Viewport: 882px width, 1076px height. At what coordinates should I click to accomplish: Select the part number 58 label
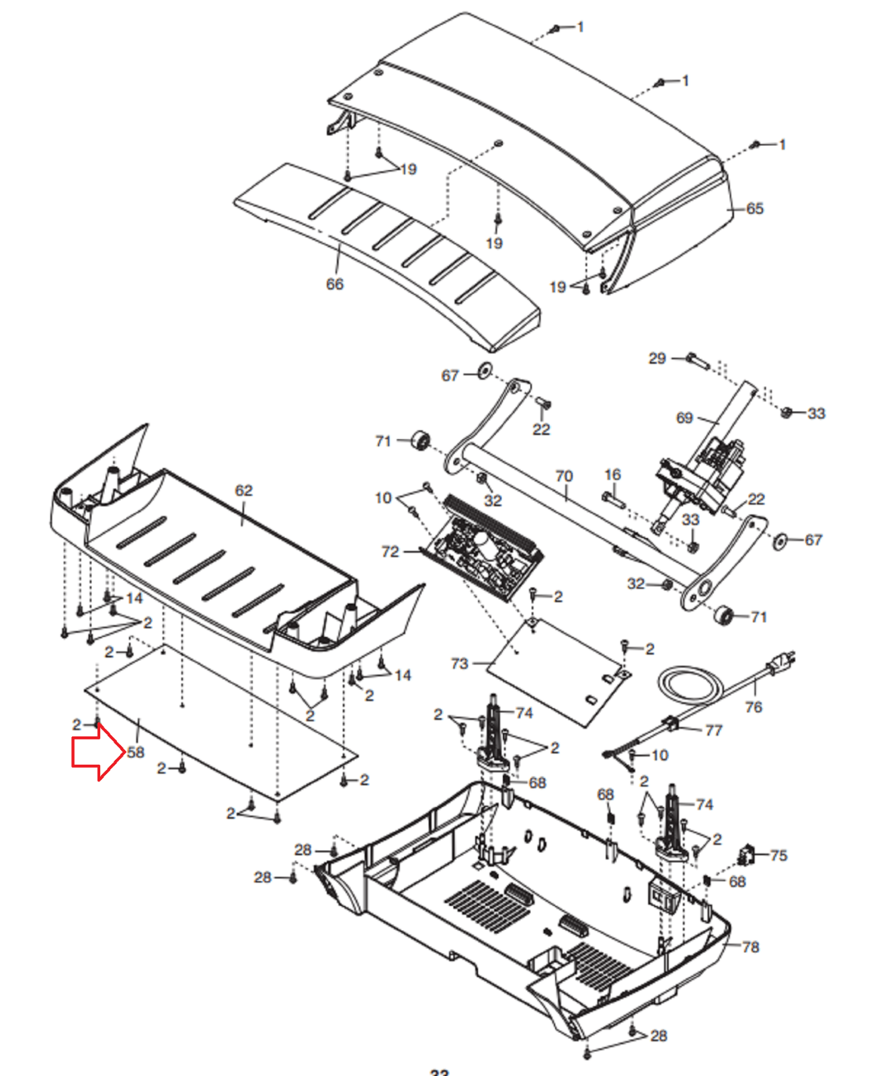pyautogui.click(x=136, y=752)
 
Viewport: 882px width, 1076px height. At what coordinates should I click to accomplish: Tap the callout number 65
pyautogui.click(x=754, y=208)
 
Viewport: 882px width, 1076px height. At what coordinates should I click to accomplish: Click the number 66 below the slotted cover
pyautogui.click(x=335, y=284)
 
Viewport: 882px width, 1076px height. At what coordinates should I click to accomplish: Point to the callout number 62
pyautogui.click(x=244, y=490)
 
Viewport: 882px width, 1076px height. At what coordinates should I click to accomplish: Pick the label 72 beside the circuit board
pyautogui.click(x=390, y=551)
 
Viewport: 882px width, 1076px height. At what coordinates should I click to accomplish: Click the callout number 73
pyautogui.click(x=459, y=663)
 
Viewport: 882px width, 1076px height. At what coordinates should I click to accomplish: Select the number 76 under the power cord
pyautogui.click(x=754, y=707)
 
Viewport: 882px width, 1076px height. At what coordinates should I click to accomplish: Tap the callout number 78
pyautogui.click(x=750, y=947)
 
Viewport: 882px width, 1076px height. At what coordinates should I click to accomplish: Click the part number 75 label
pyautogui.click(x=778, y=855)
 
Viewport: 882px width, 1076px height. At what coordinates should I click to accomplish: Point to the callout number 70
pyautogui.click(x=564, y=476)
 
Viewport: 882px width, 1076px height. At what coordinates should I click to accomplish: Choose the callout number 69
pyautogui.click(x=684, y=418)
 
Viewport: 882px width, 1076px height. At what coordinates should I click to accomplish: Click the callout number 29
pyautogui.click(x=657, y=358)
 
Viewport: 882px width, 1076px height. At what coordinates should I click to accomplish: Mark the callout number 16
pyautogui.click(x=612, y=475)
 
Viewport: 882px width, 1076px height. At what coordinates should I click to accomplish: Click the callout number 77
pyautogui.click(x=714, y=730)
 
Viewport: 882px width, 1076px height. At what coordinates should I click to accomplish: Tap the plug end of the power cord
pyautogui.click(x=781, y=662)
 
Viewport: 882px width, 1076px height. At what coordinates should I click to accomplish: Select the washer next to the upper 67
pyautogui.click(x=485, y=371)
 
